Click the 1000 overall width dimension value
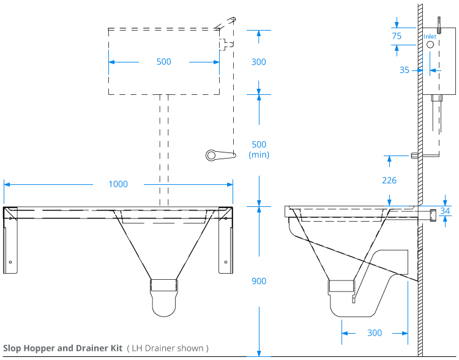(x=118, y=184)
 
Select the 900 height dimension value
(x=259, y=281)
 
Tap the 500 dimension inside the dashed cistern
(x=163, y=62)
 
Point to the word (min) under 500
(x=259, y=155)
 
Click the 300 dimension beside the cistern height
(x=259, y=62)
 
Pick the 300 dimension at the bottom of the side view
(x=375, y=333)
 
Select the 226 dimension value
(x=389, y=181)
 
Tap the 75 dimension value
(x=397, y=36)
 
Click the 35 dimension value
(x=405, y=70)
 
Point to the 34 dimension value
(x=445, y=211)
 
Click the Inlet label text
(x=430, y=37)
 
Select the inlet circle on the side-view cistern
(x=430, y=45)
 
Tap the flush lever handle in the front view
(x=219, y=155)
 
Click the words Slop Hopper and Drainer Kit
(x=62, y=348)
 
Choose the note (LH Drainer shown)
(x=168, y=348)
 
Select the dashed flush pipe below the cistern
(x=164, y=147)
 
